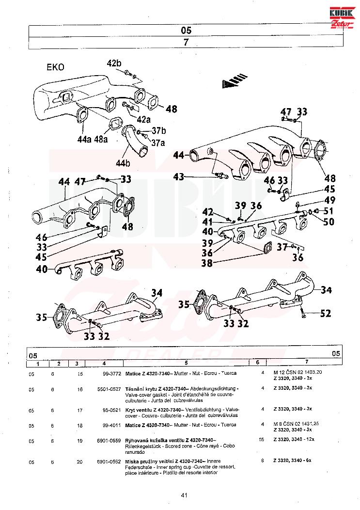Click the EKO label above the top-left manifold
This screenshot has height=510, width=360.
click(55, 67)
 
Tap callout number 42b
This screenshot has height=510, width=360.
click(115, 64)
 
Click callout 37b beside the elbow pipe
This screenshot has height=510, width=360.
click(159, 131)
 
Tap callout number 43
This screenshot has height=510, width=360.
click(179, 177)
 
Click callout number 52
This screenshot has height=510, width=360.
click(326, 314)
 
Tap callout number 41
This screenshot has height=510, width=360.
click(207, 222)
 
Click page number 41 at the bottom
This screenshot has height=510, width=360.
click(184, 495)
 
